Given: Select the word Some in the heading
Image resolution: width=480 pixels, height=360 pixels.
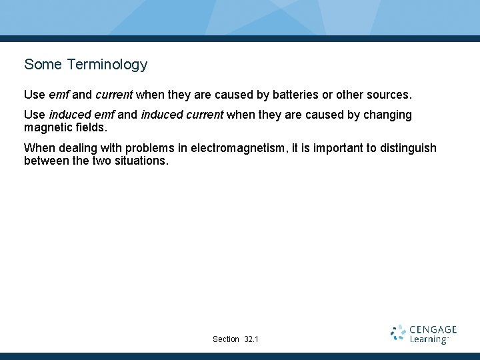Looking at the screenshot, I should click(x=43, y=65).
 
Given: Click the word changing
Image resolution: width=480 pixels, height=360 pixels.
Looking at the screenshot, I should click(x=387, y=115).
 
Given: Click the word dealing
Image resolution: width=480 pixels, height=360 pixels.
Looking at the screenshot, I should click(x=75, y=148).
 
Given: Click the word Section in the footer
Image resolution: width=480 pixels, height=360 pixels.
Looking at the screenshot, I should click(x=226, y=339).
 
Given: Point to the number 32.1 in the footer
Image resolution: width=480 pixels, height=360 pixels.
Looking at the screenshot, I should click(x=251, y=339).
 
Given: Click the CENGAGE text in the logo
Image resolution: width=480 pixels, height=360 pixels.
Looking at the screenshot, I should click(x=433, y=329).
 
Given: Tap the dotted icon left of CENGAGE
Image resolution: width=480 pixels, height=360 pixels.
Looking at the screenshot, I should click(x=398, y=333).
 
